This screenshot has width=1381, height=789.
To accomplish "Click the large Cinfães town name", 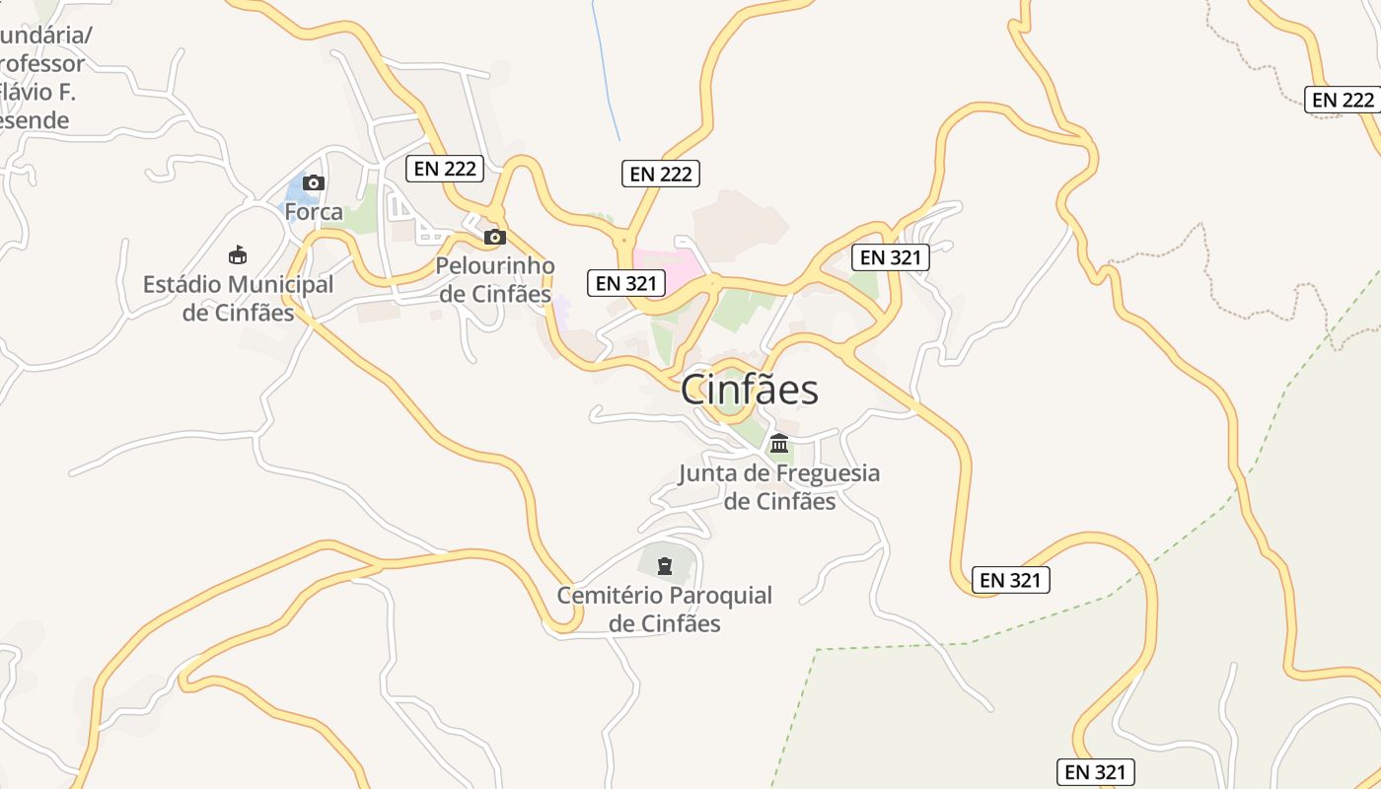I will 750,390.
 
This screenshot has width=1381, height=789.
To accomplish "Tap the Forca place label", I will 314,212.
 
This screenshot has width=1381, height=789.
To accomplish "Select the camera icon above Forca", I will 314,182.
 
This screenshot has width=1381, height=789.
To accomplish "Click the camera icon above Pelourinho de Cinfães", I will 495,237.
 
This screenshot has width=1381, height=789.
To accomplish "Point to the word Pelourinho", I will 495,266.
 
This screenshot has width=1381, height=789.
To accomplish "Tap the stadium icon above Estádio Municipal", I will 238,255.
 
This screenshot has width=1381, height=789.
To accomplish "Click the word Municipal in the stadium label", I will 281,285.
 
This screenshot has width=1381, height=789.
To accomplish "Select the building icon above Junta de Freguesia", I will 779,443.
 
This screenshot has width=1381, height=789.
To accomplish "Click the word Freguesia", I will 828,473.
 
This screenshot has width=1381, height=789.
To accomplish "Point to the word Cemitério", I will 610,596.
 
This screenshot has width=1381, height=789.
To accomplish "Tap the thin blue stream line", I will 605,69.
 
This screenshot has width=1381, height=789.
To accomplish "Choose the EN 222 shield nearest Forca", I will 445,169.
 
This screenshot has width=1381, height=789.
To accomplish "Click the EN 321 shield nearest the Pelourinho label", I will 626,283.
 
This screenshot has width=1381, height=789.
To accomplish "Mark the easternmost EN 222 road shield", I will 1343,100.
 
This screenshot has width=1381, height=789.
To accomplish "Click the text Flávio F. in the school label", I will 37,93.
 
